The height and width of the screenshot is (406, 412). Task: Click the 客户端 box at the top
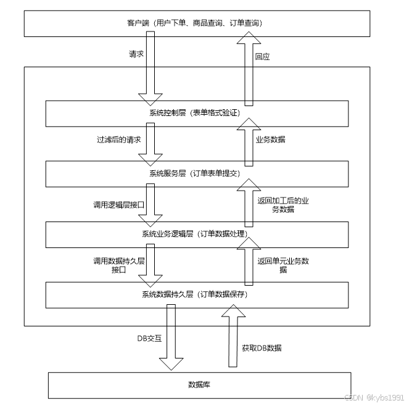(197, 23)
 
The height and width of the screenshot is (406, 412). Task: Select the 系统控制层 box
(197, 112)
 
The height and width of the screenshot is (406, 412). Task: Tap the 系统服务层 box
(197, 173)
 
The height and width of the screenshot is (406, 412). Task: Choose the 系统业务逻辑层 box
(197, 233)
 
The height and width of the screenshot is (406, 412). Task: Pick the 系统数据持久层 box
(197, 294)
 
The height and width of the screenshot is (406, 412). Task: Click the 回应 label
(263, 56)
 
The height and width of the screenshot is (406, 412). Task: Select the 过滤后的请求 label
(115, 140)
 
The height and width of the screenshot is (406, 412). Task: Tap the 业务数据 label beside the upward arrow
(271, 139)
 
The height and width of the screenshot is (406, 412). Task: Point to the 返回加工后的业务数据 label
(283, 204)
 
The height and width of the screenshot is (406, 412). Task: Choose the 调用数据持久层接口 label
(118, 265)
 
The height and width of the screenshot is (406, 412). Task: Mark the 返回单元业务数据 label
(283, 265)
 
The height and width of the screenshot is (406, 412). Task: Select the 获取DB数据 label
(262, 348)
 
